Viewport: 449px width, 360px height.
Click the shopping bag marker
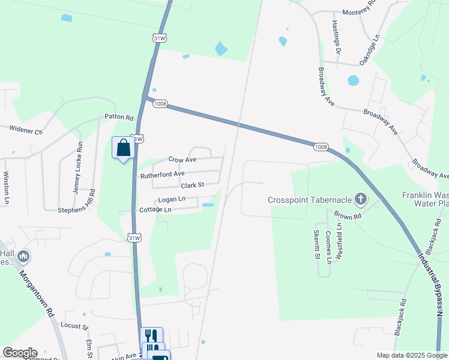(123, 148)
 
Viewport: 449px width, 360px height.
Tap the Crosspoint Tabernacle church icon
(360, 198)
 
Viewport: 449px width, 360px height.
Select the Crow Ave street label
(182, 160)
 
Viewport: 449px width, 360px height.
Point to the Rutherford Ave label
(162, 175)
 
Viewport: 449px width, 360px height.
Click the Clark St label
(193, 185)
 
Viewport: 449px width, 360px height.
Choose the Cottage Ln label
(155, 210)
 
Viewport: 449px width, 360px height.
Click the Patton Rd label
(118, 117)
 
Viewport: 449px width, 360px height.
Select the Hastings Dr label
(337, 37)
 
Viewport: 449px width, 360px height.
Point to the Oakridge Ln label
(370, 50)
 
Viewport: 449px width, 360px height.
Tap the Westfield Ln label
(340, 241)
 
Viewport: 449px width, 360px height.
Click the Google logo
(19, 353)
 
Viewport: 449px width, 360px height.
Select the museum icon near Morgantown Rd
(24, 257)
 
